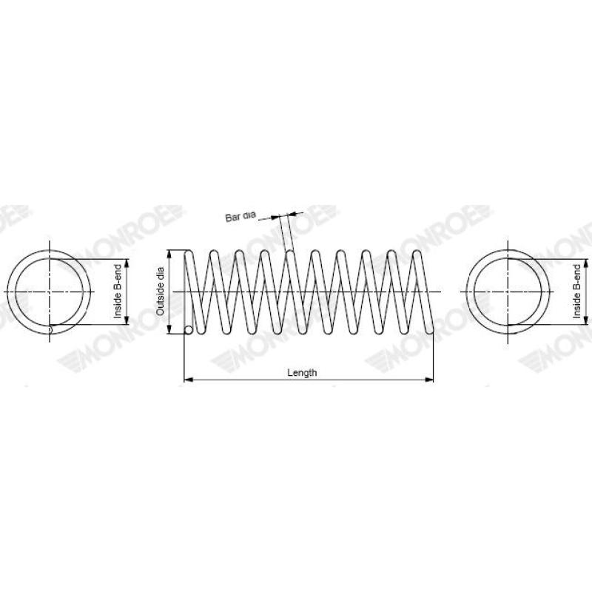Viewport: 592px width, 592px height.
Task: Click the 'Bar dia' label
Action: [x=240, y=217]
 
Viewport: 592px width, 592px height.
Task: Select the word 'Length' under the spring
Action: [x=302, y=373]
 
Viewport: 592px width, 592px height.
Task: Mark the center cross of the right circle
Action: [x=509, y=292]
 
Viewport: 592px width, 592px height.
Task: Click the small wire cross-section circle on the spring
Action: [x=189, y=330]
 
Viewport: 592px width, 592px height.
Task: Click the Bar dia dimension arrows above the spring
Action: [x=285, y=216]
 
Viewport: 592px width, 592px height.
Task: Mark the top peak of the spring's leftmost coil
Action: [x=189, y=252]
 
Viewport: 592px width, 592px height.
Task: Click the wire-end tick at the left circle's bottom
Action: [x=50, y=328]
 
